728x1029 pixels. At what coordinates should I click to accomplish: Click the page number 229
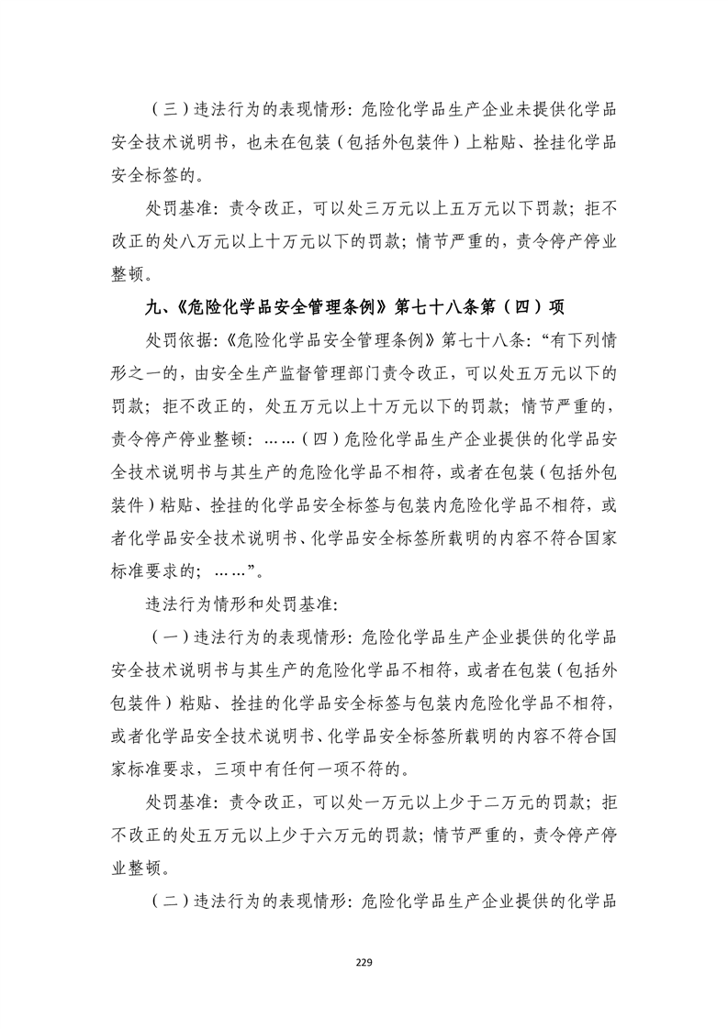(x=364, y=963)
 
